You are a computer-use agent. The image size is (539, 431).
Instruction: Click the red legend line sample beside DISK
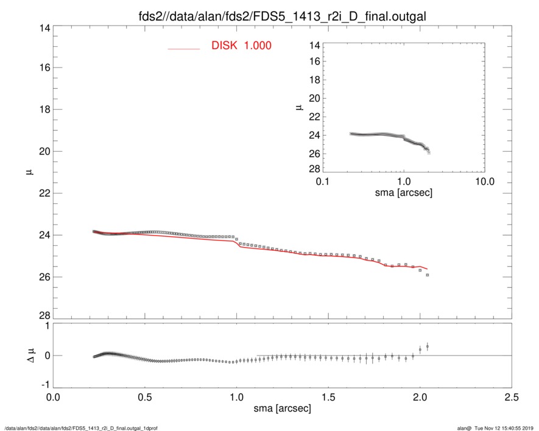184,49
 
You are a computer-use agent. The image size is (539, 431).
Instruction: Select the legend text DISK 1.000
241,46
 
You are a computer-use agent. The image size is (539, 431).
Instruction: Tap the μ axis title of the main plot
28,172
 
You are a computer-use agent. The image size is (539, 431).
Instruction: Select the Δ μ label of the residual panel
28,355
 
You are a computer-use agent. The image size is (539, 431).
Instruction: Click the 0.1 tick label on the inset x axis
323,182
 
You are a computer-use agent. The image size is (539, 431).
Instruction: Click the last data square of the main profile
428,275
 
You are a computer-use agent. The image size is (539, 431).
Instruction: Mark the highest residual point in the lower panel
428,346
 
